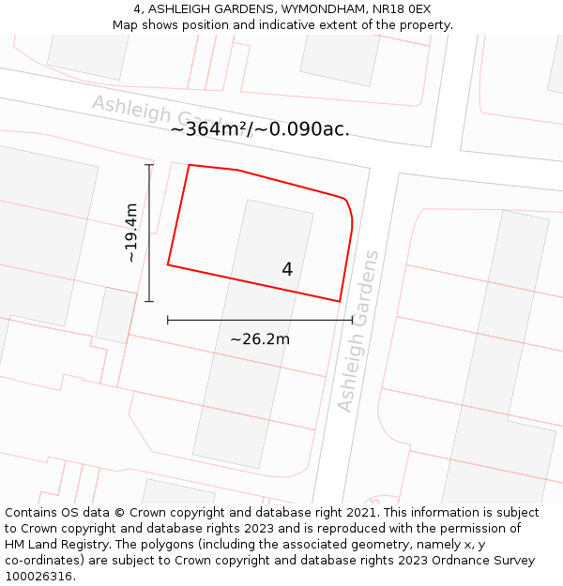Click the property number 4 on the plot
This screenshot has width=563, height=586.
[287, 269]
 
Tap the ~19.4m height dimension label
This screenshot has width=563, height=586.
[132, 233]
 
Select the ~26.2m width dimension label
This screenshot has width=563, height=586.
[260, 339]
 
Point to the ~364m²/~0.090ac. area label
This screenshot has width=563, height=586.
[260, 129]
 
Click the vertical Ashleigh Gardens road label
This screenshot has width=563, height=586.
[358, 331]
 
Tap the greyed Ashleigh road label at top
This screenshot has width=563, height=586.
[131, 107]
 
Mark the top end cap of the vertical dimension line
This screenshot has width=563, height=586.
[149, 165]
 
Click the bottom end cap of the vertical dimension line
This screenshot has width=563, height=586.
[149, 301]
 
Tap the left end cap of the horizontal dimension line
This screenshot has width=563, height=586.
[168, 320]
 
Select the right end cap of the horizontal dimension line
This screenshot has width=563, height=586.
[353, 320]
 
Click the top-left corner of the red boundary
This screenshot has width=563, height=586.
[190, 165]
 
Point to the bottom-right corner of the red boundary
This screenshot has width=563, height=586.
[339, 301]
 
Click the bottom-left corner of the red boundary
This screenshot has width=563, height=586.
[168, 264]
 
